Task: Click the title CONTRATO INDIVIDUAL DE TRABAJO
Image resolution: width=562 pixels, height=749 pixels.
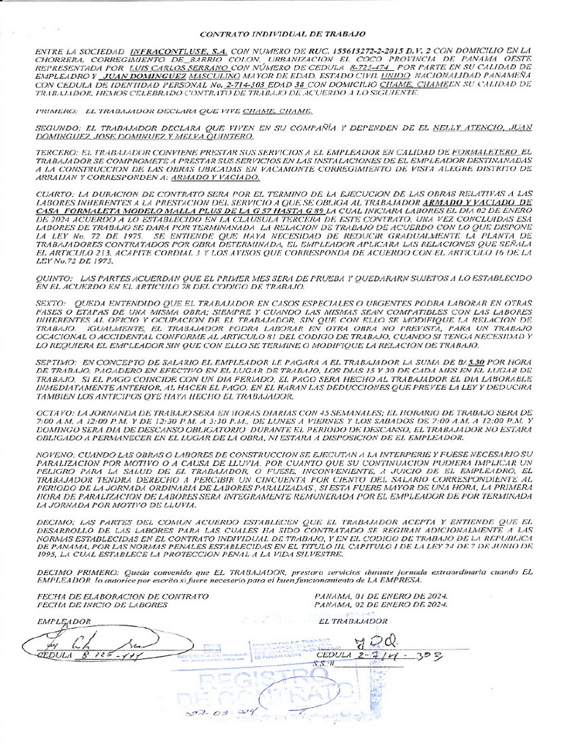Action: point(283,34)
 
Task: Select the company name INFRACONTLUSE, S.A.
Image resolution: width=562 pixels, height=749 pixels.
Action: point(168,50)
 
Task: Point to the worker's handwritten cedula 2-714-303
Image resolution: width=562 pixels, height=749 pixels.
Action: point(399,656)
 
